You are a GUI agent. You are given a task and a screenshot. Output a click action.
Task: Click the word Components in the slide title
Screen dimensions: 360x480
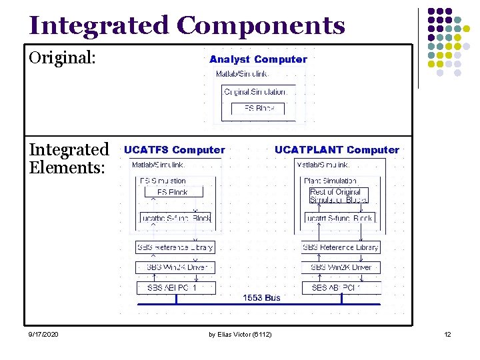point(261,26)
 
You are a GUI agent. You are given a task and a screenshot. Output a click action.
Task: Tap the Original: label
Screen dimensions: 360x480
point(63,58)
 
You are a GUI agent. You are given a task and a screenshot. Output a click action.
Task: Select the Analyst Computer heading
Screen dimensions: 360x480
point(258,59)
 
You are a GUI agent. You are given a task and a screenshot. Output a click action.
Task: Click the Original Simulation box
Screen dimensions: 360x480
point(256,91)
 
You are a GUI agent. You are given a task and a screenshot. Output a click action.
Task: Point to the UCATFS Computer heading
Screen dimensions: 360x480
point(175,150)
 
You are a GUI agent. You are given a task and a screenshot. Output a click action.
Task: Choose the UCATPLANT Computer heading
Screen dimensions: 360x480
point(337,150)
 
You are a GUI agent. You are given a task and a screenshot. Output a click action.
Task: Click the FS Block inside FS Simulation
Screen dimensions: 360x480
point(171,192)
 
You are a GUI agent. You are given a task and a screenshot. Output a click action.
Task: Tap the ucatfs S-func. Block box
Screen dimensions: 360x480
point(175,218)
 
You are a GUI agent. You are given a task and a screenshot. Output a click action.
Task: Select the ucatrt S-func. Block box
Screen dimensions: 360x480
point(340,218)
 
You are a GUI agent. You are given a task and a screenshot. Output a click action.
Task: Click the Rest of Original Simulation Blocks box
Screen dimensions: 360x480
point(339,196)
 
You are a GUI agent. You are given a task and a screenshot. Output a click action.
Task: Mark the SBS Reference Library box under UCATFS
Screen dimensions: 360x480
point(175,247)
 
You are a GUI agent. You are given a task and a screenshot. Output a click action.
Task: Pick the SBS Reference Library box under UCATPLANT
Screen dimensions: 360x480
point(341,247)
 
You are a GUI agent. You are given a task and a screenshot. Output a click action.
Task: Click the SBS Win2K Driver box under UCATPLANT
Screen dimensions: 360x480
point(341,267)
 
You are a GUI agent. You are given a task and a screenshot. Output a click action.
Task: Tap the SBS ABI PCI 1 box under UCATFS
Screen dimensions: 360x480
point(176,288)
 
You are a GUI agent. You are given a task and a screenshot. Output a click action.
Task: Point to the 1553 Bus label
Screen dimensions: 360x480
point(261,297)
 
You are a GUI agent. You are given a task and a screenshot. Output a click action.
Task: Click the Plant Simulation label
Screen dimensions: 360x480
point(330,181)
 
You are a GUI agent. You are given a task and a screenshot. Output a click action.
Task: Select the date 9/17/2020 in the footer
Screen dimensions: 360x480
point(43,334)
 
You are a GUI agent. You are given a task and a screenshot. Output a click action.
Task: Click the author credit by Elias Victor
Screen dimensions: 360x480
point(239,334)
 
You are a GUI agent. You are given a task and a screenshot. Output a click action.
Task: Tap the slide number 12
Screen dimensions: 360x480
point(447,334)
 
